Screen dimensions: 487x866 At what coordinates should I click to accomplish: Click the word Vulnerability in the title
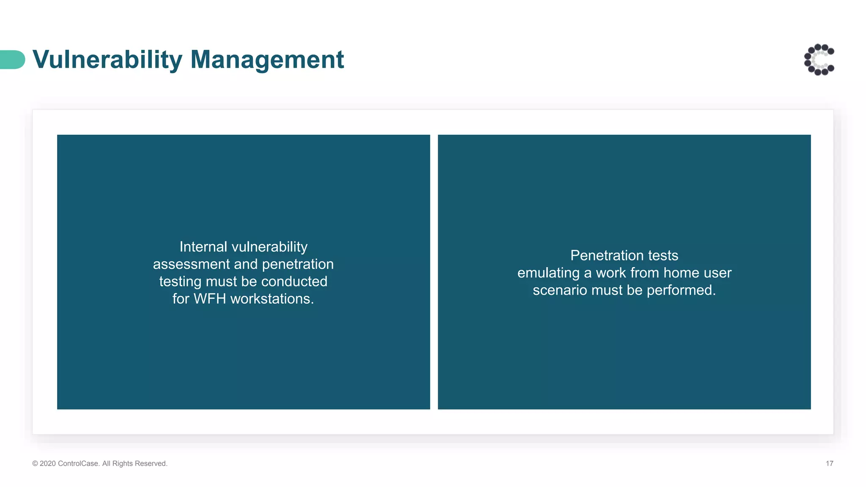click(x=107, y=60)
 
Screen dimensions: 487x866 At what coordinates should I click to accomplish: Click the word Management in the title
click(x=267, y=60)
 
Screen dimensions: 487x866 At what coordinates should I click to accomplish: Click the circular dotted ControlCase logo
click(x=819, y=60)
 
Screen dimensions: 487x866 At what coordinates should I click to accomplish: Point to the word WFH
click(x=210, y=299)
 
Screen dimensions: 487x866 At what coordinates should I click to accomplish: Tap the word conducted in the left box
click(x=294, y=282)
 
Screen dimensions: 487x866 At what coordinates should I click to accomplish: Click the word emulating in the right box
click(x=548, y=273)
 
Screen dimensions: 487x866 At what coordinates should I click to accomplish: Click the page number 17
click(x=829, y=464)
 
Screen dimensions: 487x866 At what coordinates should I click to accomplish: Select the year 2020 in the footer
click(x=48, y=464)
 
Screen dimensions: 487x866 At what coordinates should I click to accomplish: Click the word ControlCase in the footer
click(x=78, y=464)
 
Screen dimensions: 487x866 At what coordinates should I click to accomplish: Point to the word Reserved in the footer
click(x=154, y=464)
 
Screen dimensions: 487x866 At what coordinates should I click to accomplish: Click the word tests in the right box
click(x=663, y=255)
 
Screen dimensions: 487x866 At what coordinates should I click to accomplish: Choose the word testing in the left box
click(x=180, y=282)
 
